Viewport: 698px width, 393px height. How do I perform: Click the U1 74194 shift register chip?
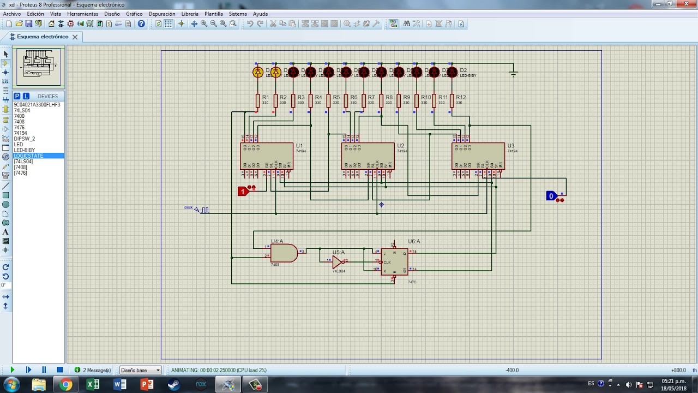coord(266,156)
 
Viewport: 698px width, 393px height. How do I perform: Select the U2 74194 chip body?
coord(368,156)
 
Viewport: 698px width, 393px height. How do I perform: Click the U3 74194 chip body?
coord(478,156)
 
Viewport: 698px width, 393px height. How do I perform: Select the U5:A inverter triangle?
coord(338,262)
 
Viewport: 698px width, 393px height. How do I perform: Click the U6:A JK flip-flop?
coord(394,262)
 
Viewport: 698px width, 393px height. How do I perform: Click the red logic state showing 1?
coord(243,191)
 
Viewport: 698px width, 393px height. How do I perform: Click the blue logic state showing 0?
coord(551,196)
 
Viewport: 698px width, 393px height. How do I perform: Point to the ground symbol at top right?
coord(513,74)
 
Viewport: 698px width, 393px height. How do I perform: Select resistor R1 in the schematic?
coord(258,100)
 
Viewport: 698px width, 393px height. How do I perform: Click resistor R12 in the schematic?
coord(452,100)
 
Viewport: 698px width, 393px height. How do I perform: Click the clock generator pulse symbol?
coord(204,210)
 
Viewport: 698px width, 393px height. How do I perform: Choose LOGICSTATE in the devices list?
coord(28,156)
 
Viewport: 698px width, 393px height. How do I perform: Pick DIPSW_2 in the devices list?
coord(25,139)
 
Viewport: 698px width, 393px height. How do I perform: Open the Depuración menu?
coord(162,14)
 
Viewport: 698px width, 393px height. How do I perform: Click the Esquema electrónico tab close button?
coord(75,37)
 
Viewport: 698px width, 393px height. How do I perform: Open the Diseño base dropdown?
coord(141,370)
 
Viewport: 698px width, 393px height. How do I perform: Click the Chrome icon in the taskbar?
coord(66,385)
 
